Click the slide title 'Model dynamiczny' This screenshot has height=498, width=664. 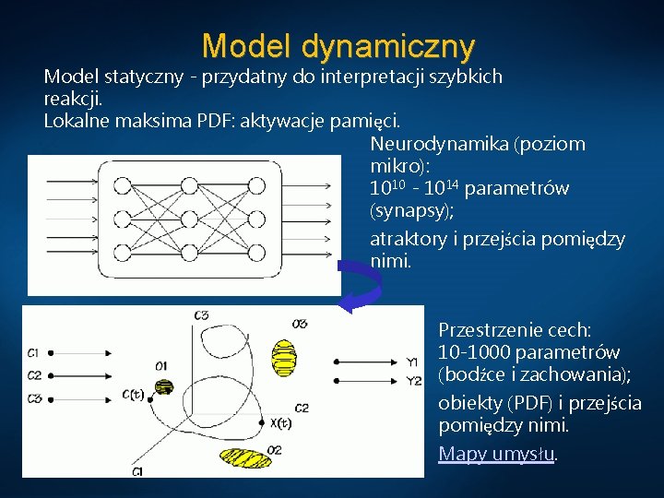(338, 44)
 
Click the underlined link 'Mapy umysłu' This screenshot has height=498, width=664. (497, 454)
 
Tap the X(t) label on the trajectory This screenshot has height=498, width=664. (281, 423)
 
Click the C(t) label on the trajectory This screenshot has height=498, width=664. (133, 395)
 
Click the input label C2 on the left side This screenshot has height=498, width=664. (34, 374)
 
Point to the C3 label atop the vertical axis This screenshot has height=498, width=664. (201, 315)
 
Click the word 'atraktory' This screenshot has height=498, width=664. (409, 240)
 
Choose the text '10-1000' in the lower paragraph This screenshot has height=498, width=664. (474, 352)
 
